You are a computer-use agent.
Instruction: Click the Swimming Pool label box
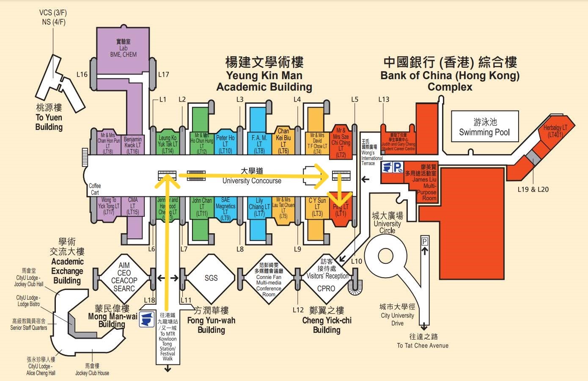tap(484, 127)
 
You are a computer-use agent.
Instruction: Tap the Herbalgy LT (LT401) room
tap(555, 131)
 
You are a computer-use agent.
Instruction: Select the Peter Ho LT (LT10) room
tap(225, 144)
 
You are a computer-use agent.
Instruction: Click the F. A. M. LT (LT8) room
tap(259, 144)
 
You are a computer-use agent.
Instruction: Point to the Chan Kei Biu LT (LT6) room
tap(283, 141)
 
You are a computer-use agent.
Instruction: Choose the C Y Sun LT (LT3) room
tap(317, 207)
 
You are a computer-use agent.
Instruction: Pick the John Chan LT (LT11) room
tap(202, 207)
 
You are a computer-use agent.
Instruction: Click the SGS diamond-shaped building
tap(211, 278)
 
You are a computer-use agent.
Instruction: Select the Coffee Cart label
tap(95, 189)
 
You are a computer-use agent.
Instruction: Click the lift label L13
tap(384, 99)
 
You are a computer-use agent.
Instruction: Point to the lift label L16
tap(82, 75)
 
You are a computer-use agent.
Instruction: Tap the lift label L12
tap(298, 310)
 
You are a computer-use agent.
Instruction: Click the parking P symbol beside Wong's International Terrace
tap(398, 168)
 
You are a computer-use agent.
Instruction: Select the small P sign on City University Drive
tap(425, 241)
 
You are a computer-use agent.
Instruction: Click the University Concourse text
tap(252, 181)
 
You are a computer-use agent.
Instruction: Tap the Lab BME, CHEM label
tap(123, 48)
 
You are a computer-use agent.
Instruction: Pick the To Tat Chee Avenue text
tap(423, 345)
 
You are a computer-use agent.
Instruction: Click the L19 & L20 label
tap(533, 190)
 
